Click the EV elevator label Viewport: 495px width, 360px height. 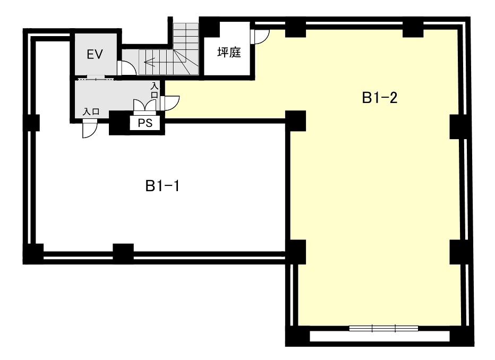[95, 55]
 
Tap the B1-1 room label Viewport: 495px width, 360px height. [163, 186]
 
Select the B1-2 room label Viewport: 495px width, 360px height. [379, 98]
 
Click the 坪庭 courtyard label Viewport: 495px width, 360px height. [229, 52]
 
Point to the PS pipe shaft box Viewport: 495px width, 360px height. [145, 123]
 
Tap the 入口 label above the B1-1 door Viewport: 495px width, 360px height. [91, 112]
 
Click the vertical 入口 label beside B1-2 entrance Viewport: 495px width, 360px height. [155, 90]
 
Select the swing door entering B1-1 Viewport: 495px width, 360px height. [89, 130]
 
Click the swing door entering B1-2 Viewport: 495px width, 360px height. [170, 103]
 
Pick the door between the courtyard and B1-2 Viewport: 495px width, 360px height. [260, 37]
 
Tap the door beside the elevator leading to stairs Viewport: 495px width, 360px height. [126, 68]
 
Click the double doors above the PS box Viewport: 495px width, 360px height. [144, 105]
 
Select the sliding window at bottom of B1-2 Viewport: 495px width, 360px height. [383, 328]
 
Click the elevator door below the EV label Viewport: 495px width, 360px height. [96, 78]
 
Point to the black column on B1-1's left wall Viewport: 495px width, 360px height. [34, 123]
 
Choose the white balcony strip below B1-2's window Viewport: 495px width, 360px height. [380, 336]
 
